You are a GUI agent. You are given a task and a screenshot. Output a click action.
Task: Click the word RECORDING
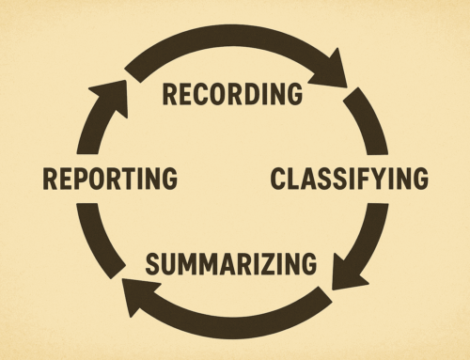232,94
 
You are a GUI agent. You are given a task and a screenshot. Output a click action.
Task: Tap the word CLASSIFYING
350,177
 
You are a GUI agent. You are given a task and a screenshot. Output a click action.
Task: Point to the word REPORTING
109,177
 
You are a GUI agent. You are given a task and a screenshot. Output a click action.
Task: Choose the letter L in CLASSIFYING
294,177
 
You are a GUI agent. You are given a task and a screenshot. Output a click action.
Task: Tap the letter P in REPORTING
83,177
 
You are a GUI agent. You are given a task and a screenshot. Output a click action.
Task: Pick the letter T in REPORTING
127,177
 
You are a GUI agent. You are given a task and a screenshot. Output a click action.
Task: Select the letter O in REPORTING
99,177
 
